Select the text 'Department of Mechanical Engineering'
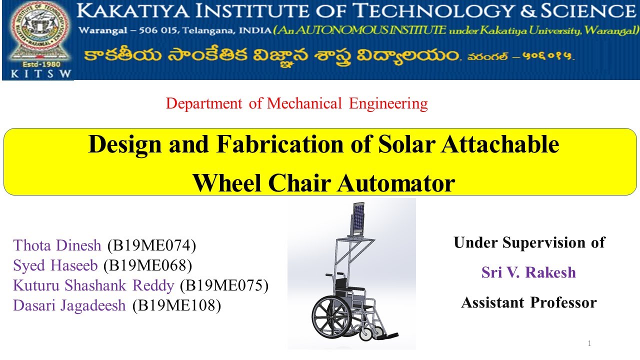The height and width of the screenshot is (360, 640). (296, 103)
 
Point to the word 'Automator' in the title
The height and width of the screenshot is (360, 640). (395, 183)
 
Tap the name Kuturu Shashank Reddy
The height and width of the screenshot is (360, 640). (93, 285)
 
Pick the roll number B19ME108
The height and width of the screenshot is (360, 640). (176, 305)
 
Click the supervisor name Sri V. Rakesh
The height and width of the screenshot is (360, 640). (528, 272)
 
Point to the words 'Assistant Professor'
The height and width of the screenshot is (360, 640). (528, 302)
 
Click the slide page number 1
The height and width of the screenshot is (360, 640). (589, 343)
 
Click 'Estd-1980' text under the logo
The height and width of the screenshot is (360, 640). (38, 64)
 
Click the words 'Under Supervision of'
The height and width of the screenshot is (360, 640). (529, 243)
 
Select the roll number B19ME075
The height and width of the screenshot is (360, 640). (223, 285)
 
